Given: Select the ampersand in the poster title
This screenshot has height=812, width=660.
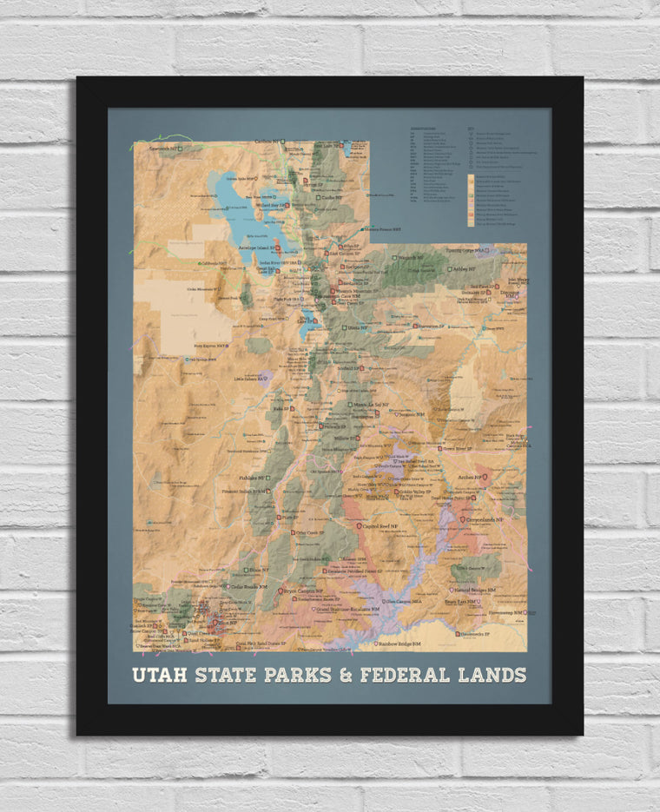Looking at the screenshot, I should (x=346, y=675).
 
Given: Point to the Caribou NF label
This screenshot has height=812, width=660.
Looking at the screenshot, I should (x=267, y=142).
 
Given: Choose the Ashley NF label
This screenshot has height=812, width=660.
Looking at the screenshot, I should (x=464, y=269).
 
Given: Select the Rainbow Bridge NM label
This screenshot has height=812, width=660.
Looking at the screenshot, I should (x=399, y=644).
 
